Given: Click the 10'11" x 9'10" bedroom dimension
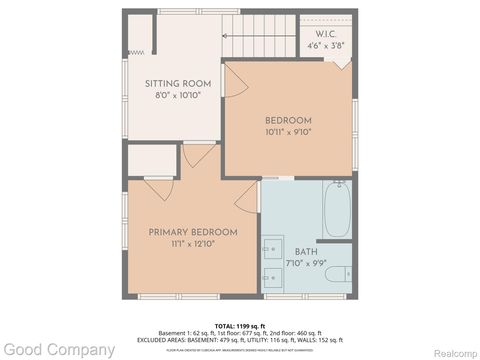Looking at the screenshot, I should [x=288, y=132].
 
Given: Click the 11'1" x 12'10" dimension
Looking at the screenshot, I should [x=193, y=243].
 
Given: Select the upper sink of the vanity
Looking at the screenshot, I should [x=273, y=247].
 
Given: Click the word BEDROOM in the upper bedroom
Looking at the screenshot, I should [x=288, y=121].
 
